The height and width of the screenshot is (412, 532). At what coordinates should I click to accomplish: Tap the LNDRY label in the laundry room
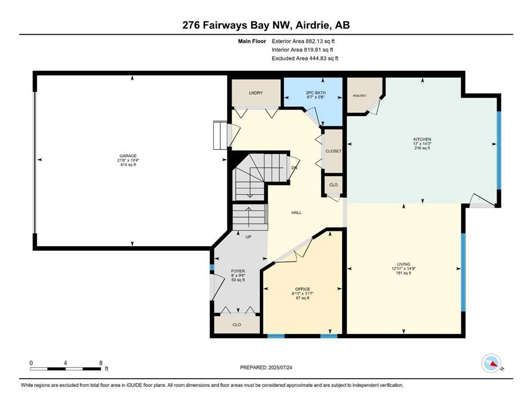(x=256, y=93)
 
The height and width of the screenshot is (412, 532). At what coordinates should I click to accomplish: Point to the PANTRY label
(x=359, y=96)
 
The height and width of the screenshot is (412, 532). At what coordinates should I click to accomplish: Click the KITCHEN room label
(x=422, y=139)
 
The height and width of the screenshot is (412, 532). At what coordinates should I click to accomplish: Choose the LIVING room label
(x=403, y=264)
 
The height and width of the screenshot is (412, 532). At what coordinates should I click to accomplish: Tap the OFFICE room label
(x=302, y=289)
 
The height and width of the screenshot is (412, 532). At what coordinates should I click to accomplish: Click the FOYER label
(x=238, y=271)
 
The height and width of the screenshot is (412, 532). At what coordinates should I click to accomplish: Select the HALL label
(x=296, y=212)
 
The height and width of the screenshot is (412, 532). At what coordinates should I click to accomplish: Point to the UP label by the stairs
(x=248, y=237)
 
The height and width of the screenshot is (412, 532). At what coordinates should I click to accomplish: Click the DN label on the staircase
(x=294, y=168)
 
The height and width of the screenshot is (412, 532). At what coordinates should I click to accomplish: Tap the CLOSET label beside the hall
(x=333, y=151)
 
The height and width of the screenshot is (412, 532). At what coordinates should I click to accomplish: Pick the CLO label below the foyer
(x=236, y=325)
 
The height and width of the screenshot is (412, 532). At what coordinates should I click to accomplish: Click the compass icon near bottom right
(x=491, y=363)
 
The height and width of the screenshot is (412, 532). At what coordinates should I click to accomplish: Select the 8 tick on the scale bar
(x=100, y=363)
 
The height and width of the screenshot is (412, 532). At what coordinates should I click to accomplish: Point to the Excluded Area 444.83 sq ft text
(x=305, y=58)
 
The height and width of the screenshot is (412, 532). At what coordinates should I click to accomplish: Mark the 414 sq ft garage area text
(x=128, y=165)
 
